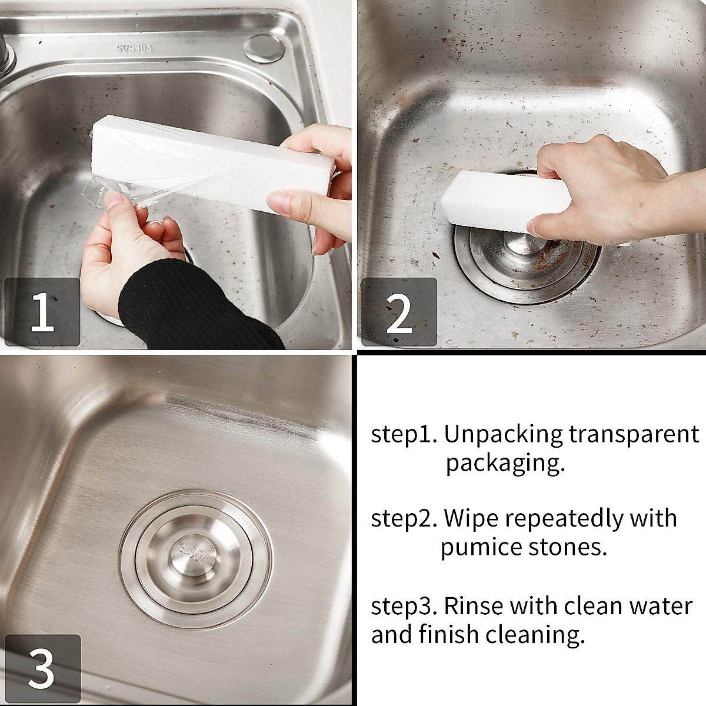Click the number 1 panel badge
(42, 312)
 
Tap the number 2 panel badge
(398, 312)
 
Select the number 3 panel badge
(42, 669)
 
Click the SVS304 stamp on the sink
(132, 49)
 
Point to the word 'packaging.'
(505, 464)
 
